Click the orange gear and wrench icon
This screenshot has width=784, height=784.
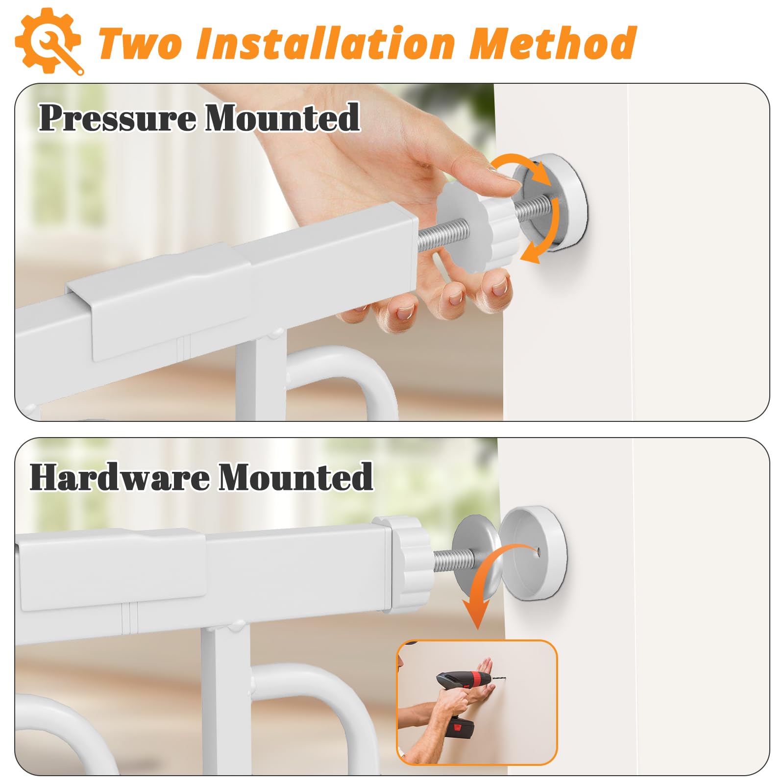[x=49, y=42]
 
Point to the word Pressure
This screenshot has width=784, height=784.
[x=118, y=118]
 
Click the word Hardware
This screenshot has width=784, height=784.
[x=120, y=476]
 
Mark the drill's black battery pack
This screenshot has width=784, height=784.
[x=461, y=735]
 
